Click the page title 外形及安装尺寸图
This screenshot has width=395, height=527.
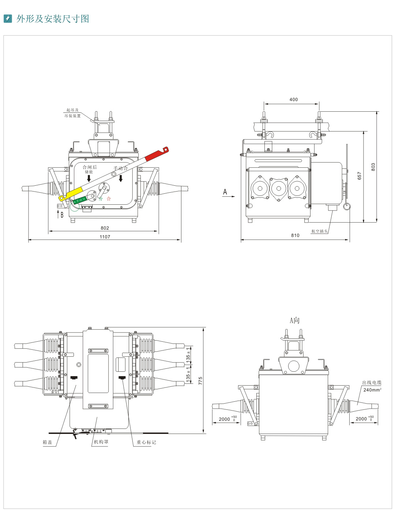[53, 19]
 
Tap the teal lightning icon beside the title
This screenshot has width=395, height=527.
[8, 19]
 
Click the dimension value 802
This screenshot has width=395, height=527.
[105, 228]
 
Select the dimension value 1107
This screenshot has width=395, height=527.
[105, 237]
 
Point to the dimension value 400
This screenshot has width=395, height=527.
[294, 100]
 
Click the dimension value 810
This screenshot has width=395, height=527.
[295, 235]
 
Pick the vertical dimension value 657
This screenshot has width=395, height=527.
[360, 176]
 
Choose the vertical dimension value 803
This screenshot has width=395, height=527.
[373, 167]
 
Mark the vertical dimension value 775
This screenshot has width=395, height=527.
[200, 381]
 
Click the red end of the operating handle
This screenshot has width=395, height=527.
[155, 154]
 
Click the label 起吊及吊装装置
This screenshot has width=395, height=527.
[72, 113]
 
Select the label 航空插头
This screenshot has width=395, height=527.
[319, 231]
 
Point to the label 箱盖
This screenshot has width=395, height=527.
[48, 442]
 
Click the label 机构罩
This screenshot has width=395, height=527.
[101, 442]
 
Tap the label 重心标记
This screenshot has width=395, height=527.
[146, 442]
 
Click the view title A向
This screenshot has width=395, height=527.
[294, 320]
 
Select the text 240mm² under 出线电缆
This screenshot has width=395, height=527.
[372, 390]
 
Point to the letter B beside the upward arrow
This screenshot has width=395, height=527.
[62, 215]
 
